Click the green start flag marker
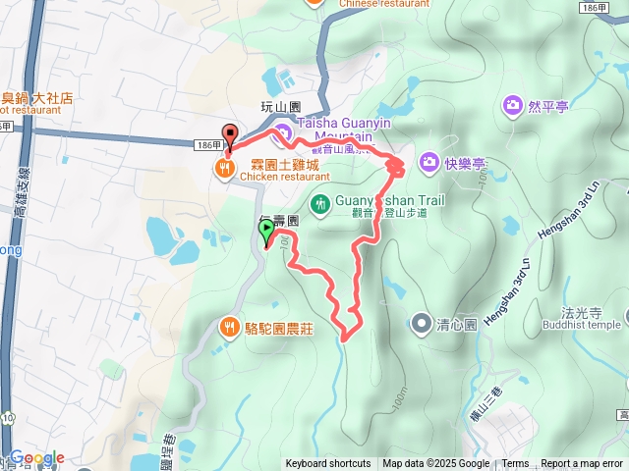266,232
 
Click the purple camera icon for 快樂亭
429,160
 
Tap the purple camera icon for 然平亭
512,104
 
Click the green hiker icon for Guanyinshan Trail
320,204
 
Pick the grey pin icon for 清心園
422,322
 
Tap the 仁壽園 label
280,222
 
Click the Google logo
37,458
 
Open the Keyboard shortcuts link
328,464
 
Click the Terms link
515,464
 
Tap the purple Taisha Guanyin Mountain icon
283,132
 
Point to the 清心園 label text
457,323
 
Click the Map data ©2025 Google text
436,464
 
